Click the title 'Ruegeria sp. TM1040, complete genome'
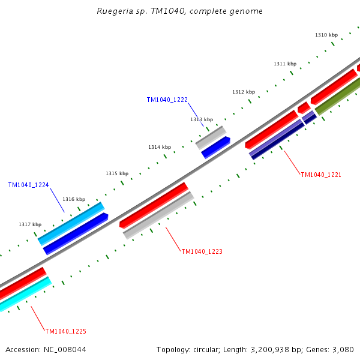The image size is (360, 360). [x=179, y=11]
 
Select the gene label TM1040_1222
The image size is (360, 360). [x=167, y=100]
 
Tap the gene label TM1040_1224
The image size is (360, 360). [x=28, y=185]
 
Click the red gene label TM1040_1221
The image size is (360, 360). [x=321, y=175]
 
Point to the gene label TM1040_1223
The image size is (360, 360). [x=202, y=251]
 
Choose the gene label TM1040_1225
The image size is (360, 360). [x=65, y=331]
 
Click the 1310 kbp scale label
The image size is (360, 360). [x=326, y=35]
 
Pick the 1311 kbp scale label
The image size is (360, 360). [x=285, y=64]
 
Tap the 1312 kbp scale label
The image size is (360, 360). [x=244, y=92]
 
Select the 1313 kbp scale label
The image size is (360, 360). [x=202, y=119]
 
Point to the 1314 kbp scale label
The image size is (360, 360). [x=160, y=147]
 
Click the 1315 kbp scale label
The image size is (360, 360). [x=117, y=173]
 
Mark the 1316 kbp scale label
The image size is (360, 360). [x=74, y=199]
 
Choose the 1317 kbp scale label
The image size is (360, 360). [x=30, y=224]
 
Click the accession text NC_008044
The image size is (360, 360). [x=66, y=349]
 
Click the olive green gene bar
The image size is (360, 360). [x=338, y=95]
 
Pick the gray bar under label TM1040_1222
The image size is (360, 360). [x=211, y=137]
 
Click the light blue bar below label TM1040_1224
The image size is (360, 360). [x=71, y=223]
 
